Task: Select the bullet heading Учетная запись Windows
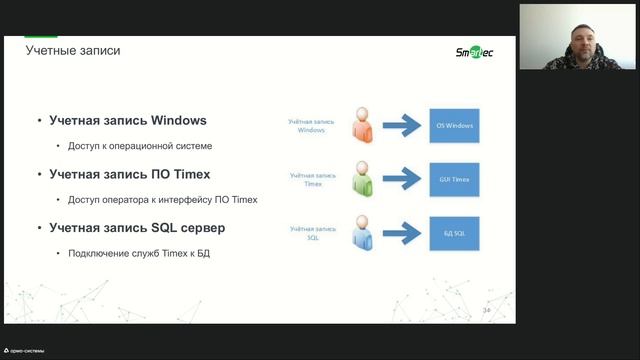(x=128, y=121)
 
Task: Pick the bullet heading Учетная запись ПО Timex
(x=131, y=174)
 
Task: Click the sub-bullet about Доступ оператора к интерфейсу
(x=163, y=199)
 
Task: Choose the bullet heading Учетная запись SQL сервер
(x=137, y=228)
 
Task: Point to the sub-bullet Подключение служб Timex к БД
(x=139, y=253)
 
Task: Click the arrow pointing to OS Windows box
(x=402, y=126)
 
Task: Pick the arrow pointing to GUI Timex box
(x=402, y=181)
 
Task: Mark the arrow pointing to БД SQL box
(x=402, y=236)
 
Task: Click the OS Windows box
(x=455, y=126)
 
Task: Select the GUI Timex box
(x=455, y=181)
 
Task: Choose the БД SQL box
(x=455, y=236)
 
